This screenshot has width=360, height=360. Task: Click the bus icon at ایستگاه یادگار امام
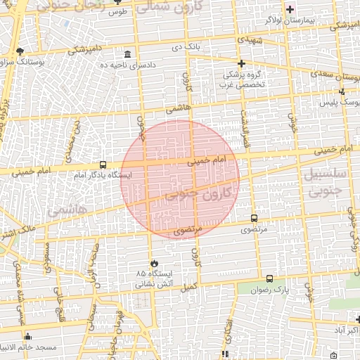tap(104, 165)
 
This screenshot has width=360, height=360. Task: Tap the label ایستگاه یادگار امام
tap(100, 175)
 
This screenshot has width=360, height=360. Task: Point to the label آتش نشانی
tap(153, 285)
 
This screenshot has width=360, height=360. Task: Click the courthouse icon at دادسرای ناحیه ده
tap(127, 55)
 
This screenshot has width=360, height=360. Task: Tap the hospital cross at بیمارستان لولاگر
tap(289, 9)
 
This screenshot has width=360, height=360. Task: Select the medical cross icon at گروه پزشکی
tap(240, 63)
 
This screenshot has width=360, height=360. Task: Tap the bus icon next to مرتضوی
tap(254, 218)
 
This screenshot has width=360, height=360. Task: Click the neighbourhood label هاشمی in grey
tap(67, 209)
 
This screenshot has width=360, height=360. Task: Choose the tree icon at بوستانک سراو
tap(20, 51)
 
